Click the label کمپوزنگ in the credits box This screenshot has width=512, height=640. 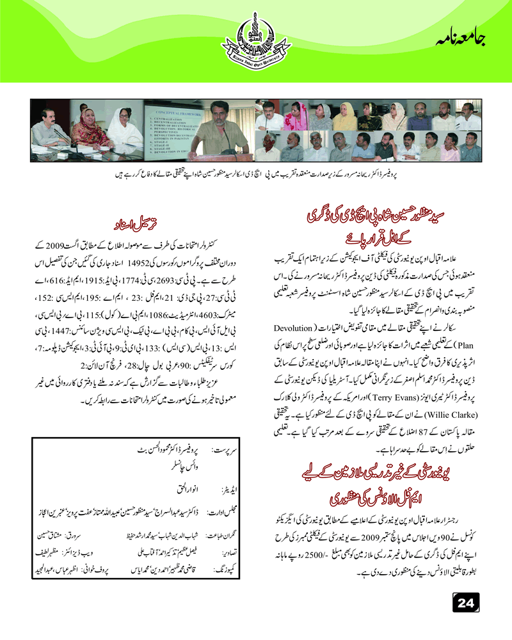click(x=224, y=568)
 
